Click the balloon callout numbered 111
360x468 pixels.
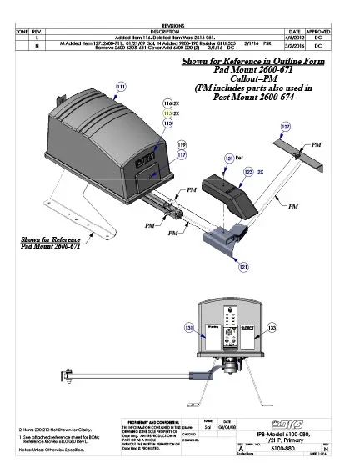click(x=121, y=87)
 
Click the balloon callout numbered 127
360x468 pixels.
click(x=286, y=126)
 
